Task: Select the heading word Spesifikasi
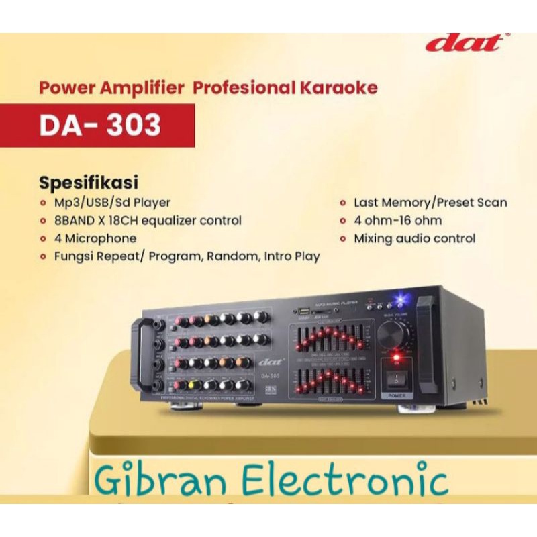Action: click(x=89, y=182)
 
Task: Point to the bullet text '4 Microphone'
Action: click(x=96, y=238)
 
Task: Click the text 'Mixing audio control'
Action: click(x=415, y=238)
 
